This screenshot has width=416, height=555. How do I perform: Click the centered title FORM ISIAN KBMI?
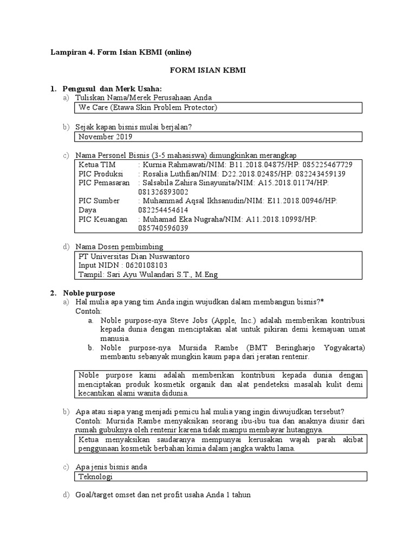208,70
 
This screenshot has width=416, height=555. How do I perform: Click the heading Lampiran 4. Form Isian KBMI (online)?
121,52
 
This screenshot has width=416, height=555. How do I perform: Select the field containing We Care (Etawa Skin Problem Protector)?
217,108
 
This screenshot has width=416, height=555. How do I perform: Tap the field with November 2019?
217,137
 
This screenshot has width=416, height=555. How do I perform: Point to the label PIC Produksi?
101,174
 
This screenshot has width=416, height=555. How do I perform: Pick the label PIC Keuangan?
103,219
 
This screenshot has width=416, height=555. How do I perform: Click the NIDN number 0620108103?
146,266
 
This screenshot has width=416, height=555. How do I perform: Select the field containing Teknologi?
221,476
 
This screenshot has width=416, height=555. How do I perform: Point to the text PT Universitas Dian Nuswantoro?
134,256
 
